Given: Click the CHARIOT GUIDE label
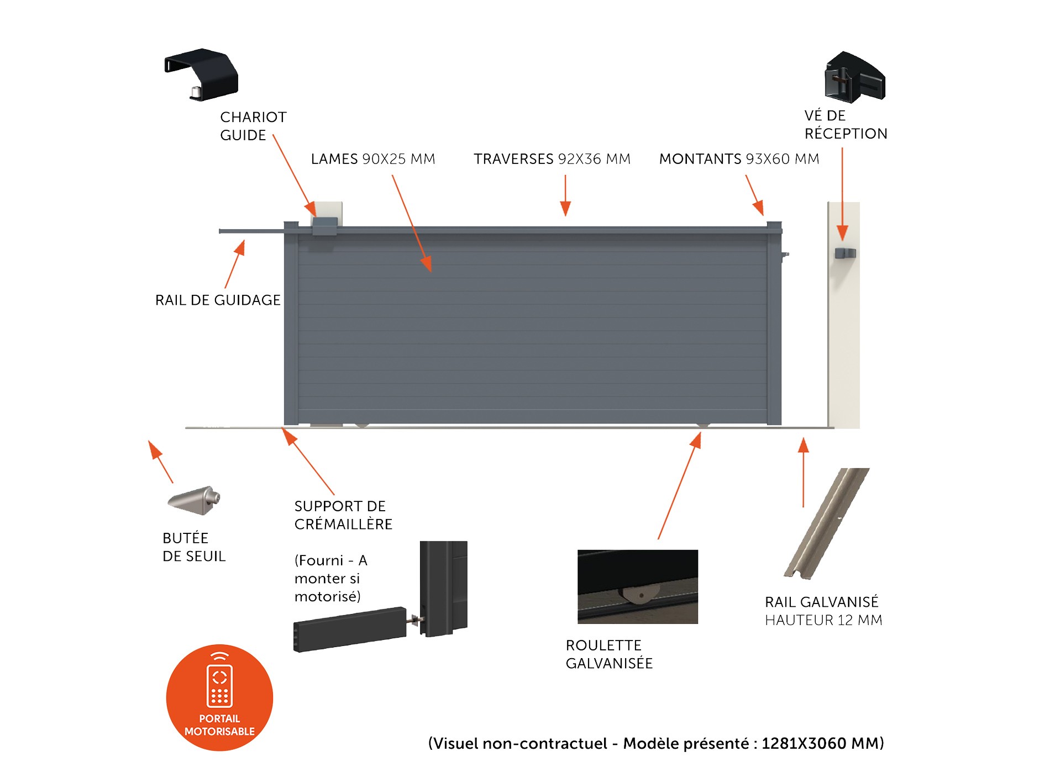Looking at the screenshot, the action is click(253, 126).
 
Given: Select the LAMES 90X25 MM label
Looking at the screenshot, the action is click(373, 159).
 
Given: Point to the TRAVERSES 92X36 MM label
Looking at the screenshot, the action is click(552, 159).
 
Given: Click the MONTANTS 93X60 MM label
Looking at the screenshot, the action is click(739, 159).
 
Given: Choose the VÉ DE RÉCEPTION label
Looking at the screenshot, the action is click(846, 125).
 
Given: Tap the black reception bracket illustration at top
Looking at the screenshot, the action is click(854, 77).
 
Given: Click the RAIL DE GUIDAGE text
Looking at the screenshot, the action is click(218, 300).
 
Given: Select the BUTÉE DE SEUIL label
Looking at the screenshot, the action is click(194, 547).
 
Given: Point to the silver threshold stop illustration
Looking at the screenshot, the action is click(194, 500).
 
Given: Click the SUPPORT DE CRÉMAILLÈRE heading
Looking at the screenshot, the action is click(343, 515).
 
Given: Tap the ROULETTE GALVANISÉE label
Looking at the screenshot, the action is click(609, 654).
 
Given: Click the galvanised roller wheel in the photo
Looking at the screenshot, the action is click(639, 595).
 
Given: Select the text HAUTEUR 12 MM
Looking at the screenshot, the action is click(823, 620).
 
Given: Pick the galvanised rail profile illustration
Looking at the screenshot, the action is click(826, 523).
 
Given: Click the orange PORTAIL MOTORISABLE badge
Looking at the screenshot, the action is click(219, 697).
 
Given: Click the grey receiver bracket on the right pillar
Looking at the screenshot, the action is click(845, 253).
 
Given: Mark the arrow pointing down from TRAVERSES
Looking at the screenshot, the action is click(565, 195).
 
